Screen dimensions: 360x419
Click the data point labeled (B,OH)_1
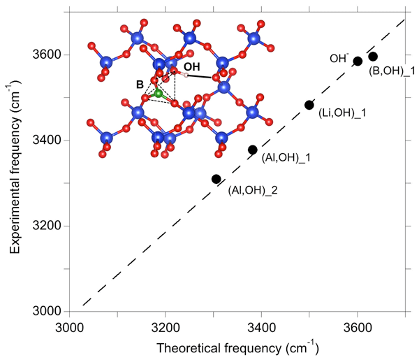pyautogui.click(x=373, y=57)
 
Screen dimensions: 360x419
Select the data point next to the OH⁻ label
pyautogui.click(x=358, y=62)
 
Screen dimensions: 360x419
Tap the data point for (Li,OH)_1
pyautogui.click(x=309, y=105)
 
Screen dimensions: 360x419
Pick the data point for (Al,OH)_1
pyautogui.click(x=253, y=150)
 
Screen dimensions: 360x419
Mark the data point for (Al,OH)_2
pyautogui.click(x=216, y=179)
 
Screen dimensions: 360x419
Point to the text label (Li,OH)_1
pyautogui.click(x=341, y=113)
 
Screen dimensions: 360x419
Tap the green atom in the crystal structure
pyautogui.click(x=159, y=94)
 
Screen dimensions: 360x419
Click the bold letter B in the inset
pyautogui.click(x=140, y=84)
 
